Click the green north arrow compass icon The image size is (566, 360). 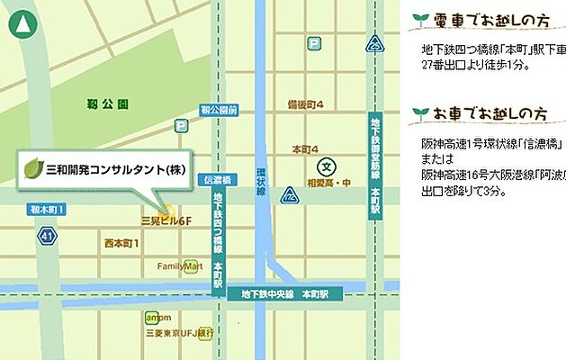(19, 24)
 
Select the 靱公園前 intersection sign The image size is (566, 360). (220, 110)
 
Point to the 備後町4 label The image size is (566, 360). (305, 103)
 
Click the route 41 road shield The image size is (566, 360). (47, 236)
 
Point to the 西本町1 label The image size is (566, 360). (121, 243)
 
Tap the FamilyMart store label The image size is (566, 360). (178, 266)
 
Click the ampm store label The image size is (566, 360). (157, 318)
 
